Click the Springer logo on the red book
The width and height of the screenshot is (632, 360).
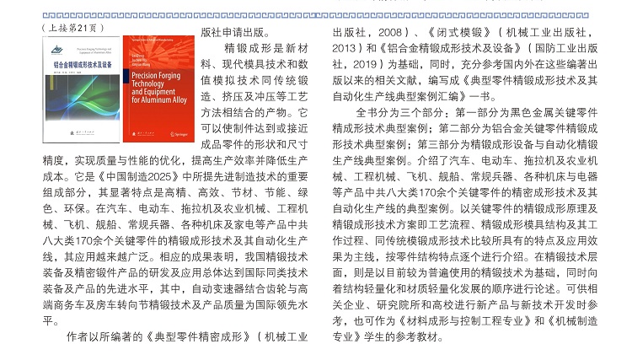tap(178, 134)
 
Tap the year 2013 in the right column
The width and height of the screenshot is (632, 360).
tap(345, 49)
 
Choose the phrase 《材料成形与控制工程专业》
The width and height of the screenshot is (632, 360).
tap(466, 320)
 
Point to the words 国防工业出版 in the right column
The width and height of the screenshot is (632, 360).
tap(566, 49)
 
